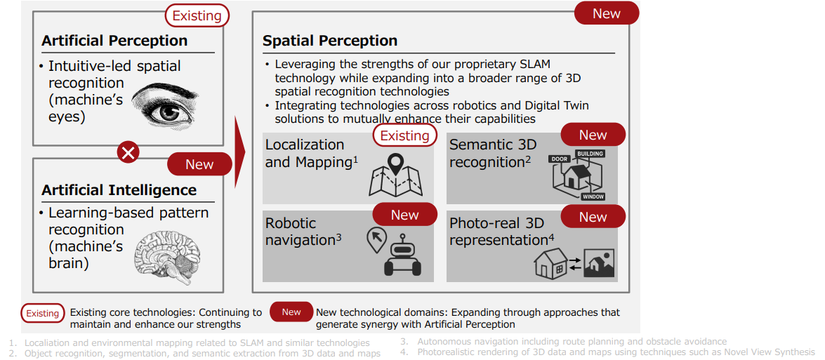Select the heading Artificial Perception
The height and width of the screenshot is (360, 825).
click(x=114, y=41)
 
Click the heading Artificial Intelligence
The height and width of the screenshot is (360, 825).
click(x=119, y=189)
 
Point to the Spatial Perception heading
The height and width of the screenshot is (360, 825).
click(x=330, y=41)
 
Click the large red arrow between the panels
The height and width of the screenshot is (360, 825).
click(x=240, y=152)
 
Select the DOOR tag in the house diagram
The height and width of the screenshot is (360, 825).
click(x=560, y=158)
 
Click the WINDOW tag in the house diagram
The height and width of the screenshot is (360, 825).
click(x=593, y=197)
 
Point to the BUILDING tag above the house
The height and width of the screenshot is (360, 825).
click(x=590, y=154)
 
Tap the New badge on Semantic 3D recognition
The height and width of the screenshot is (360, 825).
click(x=593, y=135)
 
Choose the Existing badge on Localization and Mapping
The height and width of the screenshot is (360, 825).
click(x=404, y=135)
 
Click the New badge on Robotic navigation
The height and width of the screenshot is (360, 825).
click(x=404, y=215)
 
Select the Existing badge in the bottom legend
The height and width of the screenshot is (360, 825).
click(x=43, y=313)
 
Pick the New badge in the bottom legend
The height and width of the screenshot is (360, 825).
click(x=291, y=312)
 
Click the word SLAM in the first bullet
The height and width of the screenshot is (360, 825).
click(x=534, y=64)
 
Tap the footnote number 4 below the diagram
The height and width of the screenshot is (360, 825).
click(x=404, y=352)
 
